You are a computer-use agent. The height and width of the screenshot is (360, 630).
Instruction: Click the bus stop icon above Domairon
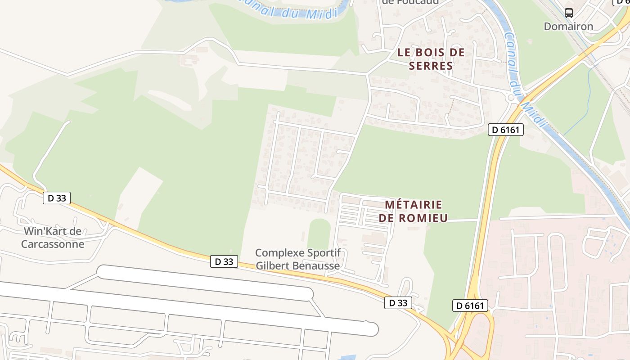569,13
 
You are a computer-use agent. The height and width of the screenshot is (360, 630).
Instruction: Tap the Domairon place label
568,26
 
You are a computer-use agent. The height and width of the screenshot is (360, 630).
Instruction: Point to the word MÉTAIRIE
414,205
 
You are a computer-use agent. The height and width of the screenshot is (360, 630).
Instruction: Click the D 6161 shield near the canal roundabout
506,130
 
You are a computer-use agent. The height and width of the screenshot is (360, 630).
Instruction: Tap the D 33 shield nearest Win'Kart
57,198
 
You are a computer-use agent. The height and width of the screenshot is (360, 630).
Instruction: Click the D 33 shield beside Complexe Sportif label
224,261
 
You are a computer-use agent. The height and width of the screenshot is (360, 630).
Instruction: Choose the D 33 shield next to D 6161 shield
398,303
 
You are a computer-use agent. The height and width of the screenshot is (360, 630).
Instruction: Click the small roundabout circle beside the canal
511,97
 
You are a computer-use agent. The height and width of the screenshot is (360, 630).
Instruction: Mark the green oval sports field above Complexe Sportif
319,235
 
